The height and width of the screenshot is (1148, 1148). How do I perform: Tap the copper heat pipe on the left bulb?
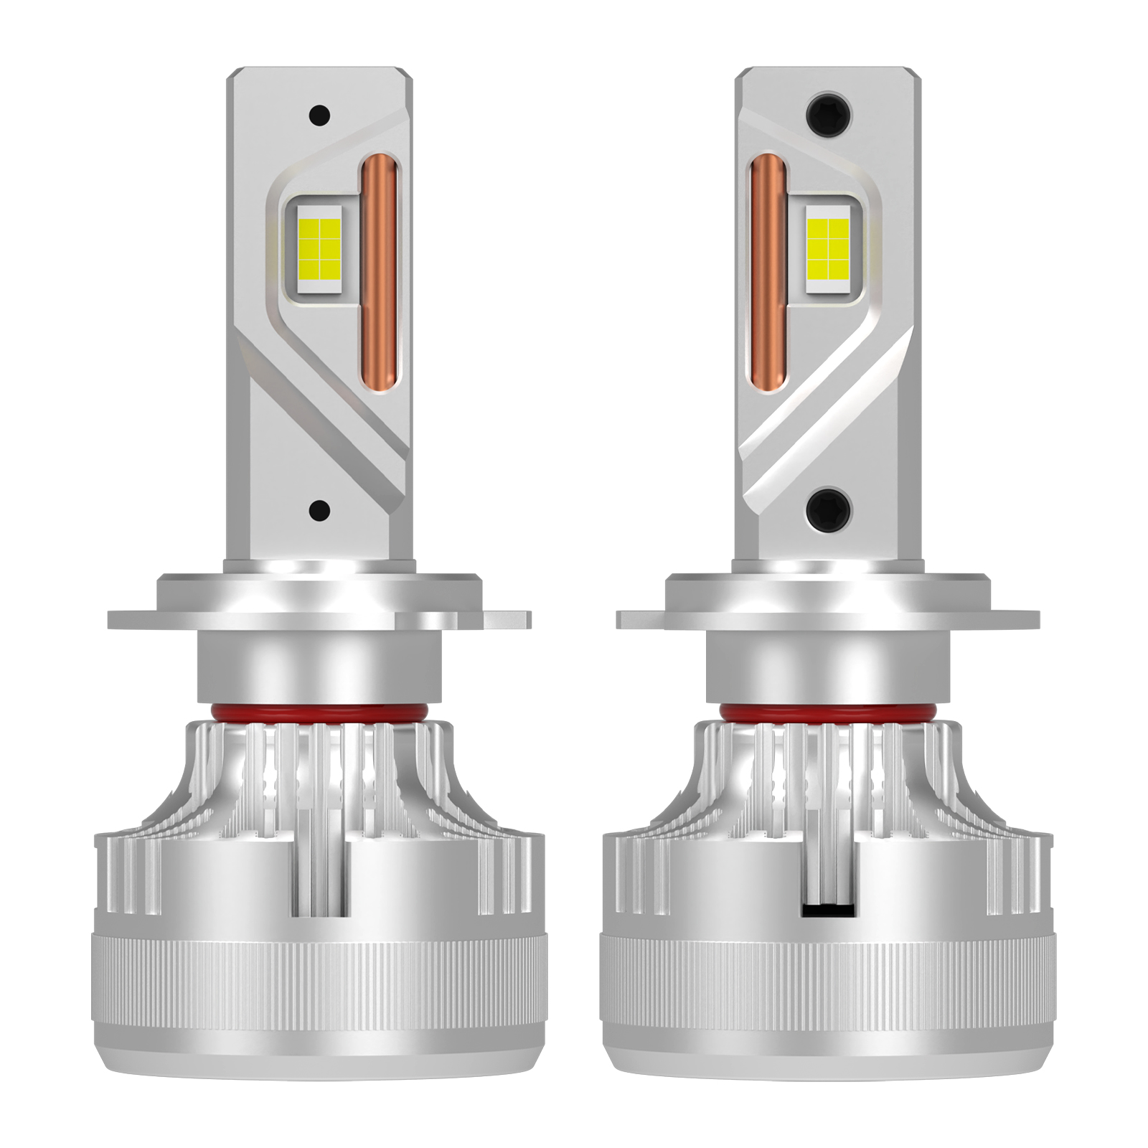coord(378,276)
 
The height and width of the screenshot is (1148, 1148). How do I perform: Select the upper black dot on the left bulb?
coord(319,114)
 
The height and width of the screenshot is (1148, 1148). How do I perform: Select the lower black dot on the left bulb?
coord(319,510)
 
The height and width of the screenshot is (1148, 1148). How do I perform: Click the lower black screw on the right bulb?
coord(829,508)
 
